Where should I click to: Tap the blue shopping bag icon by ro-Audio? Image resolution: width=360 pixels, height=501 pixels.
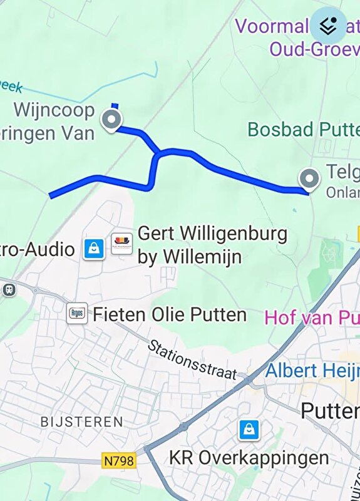[93, 249]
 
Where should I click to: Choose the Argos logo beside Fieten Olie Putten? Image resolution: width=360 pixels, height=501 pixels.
[77, 313]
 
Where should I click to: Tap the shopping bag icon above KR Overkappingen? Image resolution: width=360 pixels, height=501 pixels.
[249, 430]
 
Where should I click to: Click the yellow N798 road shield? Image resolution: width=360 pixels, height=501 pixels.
[118, 461]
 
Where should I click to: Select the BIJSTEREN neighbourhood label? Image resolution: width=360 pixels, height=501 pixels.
[82, 421]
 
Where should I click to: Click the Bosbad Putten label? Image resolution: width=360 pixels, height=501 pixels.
[304, 130]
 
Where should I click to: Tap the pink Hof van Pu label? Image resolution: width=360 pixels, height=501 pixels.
[312, 318]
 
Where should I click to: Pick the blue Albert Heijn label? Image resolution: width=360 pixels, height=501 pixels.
[312, 370]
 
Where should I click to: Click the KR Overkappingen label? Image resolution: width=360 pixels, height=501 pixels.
[249, 458]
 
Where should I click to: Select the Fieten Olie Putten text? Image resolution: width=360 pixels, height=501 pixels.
[170, 314]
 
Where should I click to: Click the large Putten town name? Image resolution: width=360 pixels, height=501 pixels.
[330, 411]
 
